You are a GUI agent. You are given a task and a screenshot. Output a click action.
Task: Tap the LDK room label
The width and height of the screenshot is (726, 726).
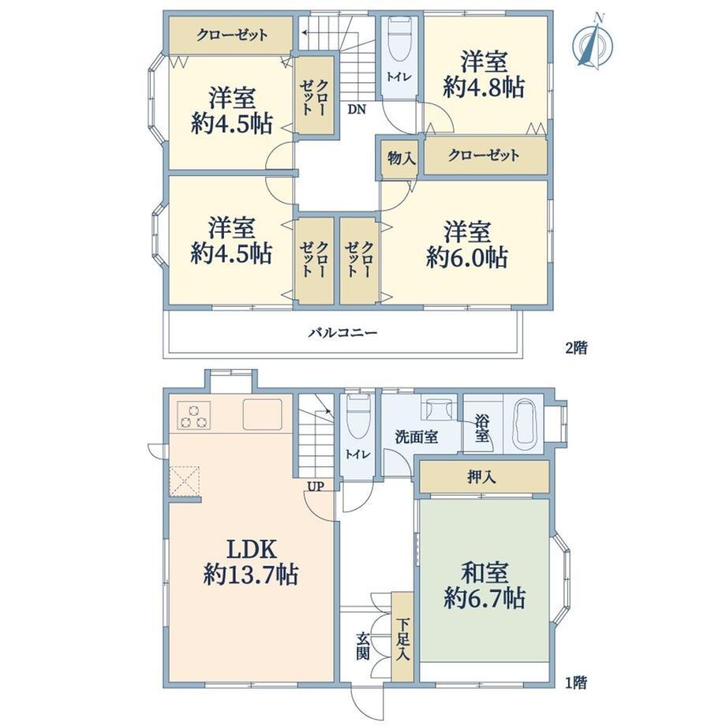click(x=250, y=563)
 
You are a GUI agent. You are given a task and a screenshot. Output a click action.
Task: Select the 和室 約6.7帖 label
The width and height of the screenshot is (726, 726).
click(x=485, y=586)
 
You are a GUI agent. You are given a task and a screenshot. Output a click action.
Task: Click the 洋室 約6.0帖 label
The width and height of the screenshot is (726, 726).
click(x=467, y=245)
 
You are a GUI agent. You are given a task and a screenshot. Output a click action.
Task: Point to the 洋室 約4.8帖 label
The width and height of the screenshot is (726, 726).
click(x=484, y=75)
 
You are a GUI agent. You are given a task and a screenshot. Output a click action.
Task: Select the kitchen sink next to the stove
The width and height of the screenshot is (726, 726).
click(x=263, y=414)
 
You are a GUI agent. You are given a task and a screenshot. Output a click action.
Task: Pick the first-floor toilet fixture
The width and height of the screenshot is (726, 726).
click(x=358, y=417)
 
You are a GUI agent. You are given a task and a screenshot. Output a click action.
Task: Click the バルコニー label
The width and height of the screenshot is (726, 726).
click(x=343, y=332)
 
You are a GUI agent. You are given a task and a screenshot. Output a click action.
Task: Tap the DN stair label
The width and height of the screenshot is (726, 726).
click(x=357, y=110)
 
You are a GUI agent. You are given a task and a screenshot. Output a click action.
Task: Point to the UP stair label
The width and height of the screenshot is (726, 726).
click(x=315, y=486)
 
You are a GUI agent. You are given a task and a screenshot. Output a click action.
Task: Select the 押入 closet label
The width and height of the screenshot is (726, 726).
click(x=481, y=477)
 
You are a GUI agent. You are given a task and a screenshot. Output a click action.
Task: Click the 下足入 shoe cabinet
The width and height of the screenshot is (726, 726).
click(x=402, y=637)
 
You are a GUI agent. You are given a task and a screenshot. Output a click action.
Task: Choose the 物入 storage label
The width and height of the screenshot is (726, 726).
click(x=401, y=159)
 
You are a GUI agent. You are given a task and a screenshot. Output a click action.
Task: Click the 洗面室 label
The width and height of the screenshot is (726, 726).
click(x=417, y=436)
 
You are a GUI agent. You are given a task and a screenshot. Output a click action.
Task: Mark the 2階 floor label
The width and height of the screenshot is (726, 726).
click(x=577, y=348)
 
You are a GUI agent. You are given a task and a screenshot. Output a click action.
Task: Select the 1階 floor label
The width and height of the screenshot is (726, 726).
click(x=576, y=682)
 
